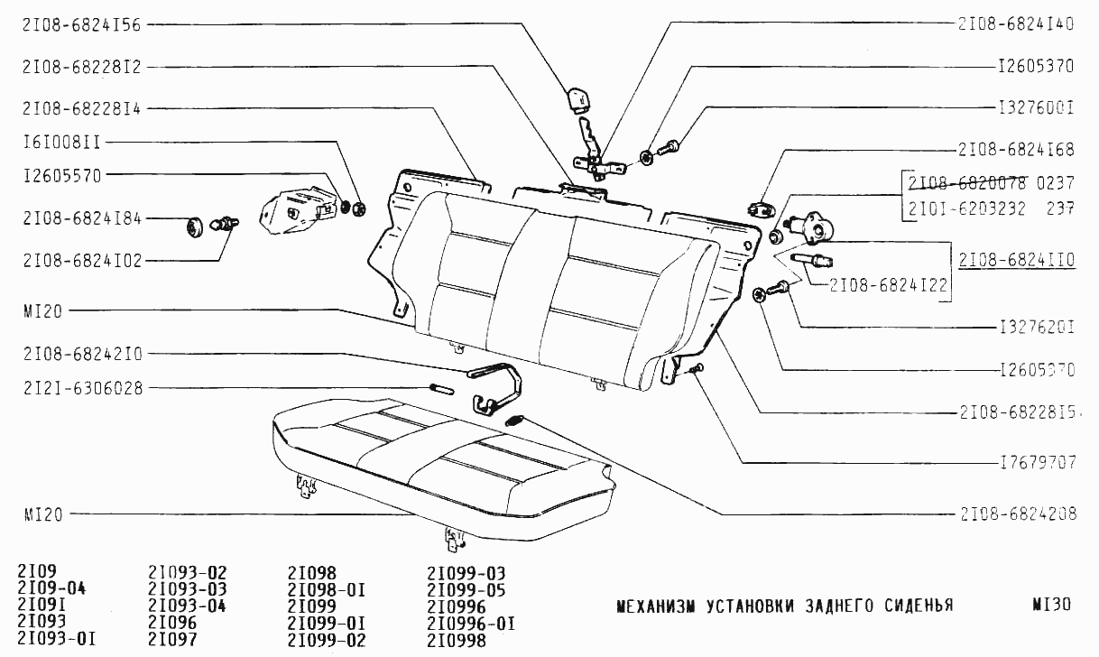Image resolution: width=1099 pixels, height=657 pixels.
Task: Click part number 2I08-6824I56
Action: (82, 26)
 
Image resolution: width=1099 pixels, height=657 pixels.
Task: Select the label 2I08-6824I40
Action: (1016, 24)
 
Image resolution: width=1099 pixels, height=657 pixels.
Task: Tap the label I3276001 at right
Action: (1036, 107)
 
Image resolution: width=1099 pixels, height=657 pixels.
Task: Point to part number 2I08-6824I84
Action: (82, 219)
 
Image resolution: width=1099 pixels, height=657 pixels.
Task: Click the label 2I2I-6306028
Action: (82, 388)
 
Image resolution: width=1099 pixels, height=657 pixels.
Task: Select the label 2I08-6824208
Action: (1016, 514)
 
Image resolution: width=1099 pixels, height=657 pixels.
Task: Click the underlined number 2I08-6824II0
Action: (1016, 261)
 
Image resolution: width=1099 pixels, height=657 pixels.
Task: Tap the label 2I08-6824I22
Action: (889, 283)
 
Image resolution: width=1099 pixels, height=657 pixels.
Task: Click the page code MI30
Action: (1052, 605)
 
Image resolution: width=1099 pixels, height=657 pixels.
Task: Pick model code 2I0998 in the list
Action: (456, 641)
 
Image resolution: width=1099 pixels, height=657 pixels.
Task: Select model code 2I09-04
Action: (51, 589)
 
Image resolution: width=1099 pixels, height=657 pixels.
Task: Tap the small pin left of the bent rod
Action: (443, 389)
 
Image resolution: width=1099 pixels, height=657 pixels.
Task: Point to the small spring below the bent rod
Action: (515, 420)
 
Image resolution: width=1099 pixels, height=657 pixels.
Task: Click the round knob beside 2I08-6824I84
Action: (192, 227)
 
